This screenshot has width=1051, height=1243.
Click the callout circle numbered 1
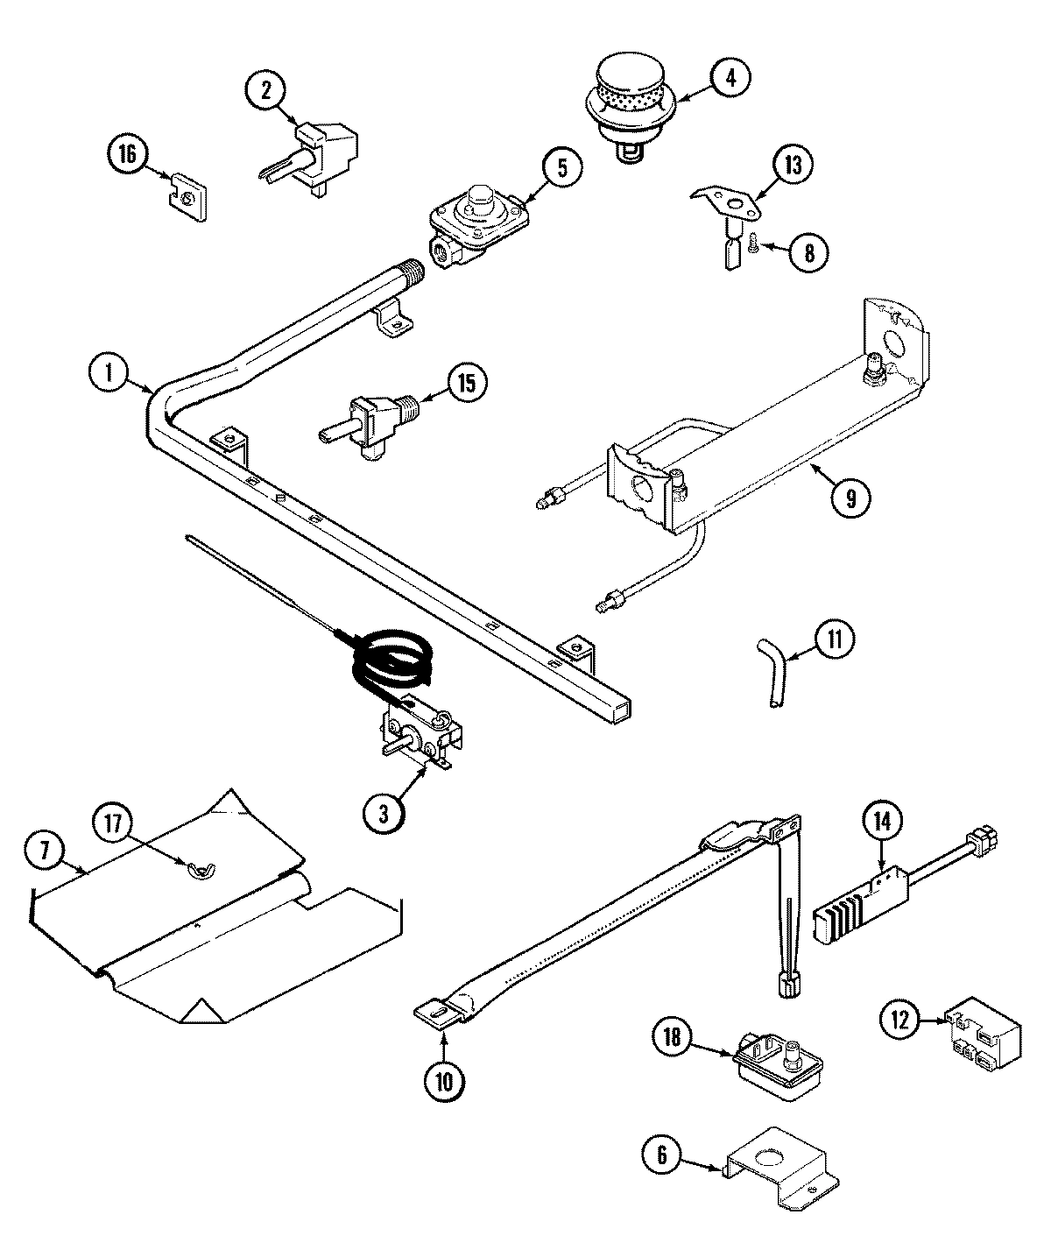coord(108,375)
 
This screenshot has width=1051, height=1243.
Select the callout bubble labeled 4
coord(730,77)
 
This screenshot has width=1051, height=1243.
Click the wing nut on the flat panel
coord(199,869)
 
